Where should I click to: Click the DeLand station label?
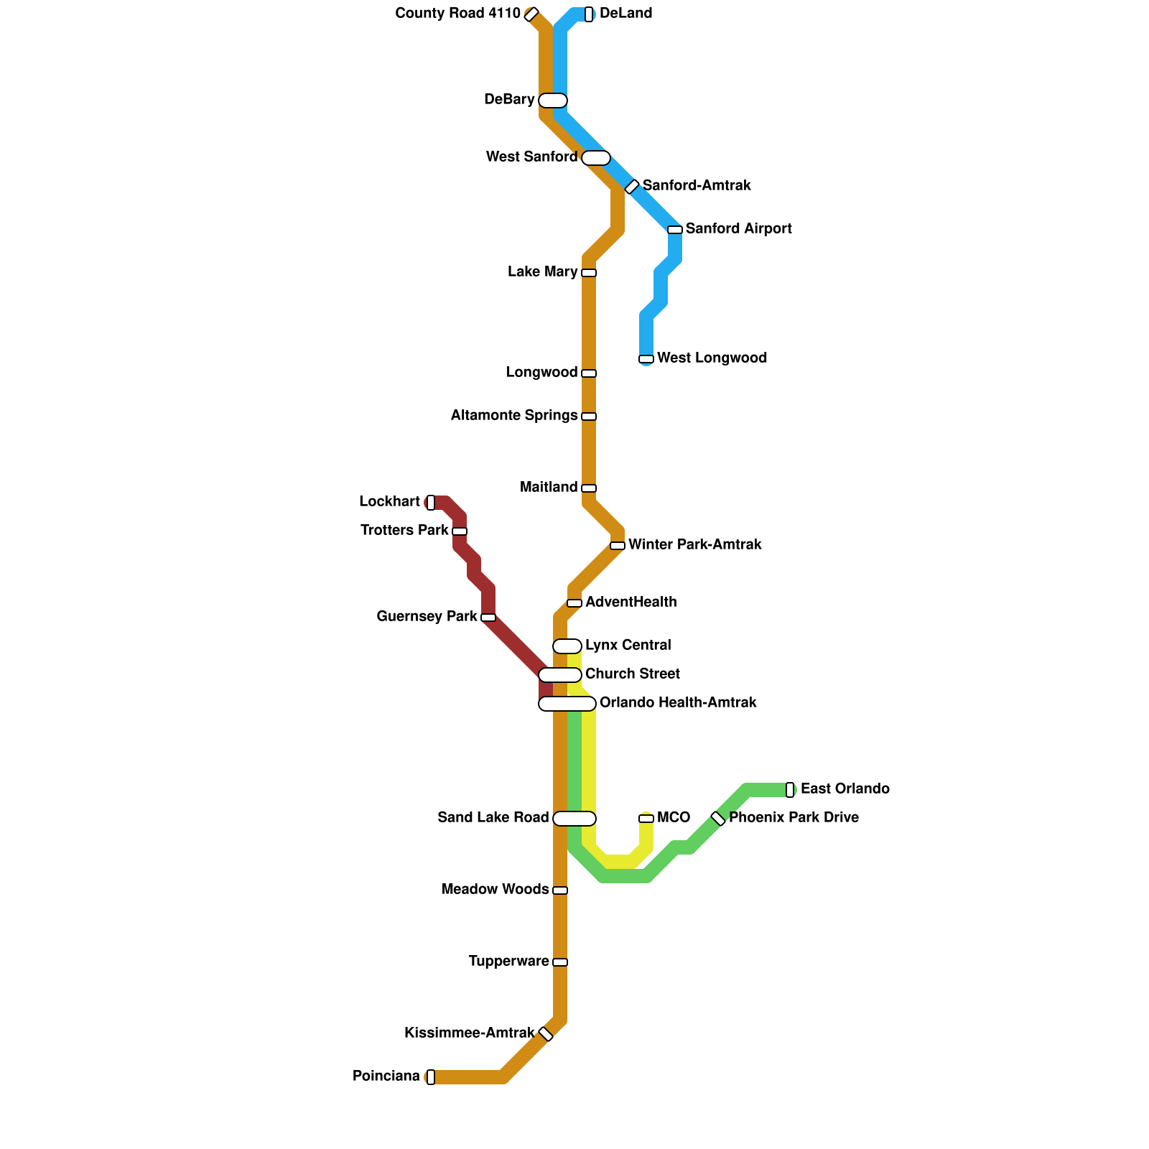(625, 14)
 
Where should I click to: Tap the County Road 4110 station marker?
(531, 14)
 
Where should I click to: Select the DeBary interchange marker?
(553, 101)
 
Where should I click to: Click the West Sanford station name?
(531, 157)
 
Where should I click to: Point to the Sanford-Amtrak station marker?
(632, 187)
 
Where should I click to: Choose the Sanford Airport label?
(738, 229)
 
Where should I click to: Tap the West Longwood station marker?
(646, 359)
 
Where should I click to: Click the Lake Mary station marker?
(589, 273)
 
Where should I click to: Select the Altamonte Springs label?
(514, 416)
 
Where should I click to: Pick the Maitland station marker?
(589, 488)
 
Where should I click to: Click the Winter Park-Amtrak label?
(694, 545)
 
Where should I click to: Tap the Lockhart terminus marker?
(431, 503)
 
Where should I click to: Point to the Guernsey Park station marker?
(488, 618)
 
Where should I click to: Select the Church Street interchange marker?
(560, 675)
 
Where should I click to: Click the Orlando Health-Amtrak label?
(678, 703)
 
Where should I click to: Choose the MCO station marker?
(646, 819)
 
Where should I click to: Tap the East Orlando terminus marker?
(790, 790)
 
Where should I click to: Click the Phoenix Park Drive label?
(794, 818)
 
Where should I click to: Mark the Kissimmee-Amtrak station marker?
(546, 1034)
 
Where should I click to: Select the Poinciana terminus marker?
(431, 1077)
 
